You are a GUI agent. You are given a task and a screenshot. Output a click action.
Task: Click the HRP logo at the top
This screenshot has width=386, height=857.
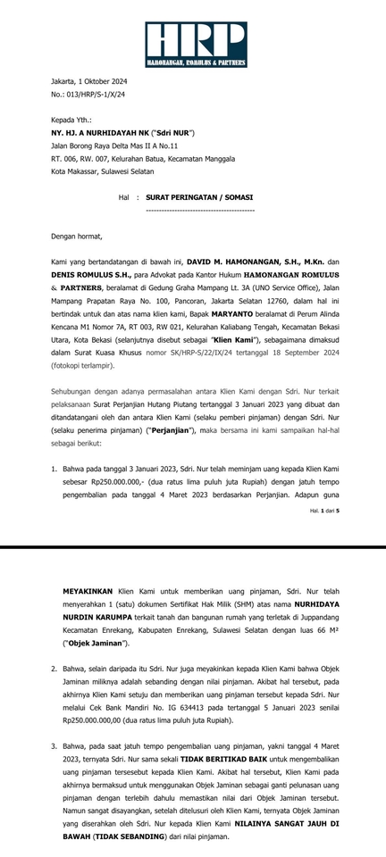[196, 45]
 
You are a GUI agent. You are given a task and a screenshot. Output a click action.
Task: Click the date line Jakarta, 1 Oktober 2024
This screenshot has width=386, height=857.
[88, 81]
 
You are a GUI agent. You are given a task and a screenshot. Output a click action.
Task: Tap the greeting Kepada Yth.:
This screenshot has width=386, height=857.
[71, 120]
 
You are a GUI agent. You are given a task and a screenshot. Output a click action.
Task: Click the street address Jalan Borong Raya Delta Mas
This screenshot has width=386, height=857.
[114, 145]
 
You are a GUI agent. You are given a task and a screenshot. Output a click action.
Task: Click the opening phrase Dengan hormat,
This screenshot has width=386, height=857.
[76, 237]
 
